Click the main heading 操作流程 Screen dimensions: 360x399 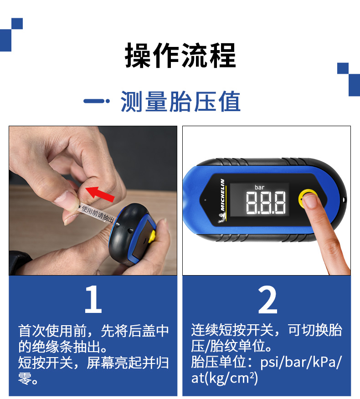(180, 56)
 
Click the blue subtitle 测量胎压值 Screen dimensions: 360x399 (180, 101)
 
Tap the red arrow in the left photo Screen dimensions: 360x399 (100, 194)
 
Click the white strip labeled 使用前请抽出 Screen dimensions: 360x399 (97, 214)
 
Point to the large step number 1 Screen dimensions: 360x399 (93, 299)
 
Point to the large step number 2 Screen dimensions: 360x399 (267, 300)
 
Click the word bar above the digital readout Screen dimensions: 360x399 (259, 187)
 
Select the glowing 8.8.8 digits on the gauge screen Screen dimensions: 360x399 (266, 203)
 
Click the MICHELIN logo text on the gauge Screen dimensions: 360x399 (222, 194)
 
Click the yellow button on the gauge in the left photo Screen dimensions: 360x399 (152, 237)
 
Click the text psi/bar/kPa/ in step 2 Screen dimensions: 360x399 (300, 362)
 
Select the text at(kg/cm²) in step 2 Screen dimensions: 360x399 (225, 378)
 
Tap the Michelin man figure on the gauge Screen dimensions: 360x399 (222, 218)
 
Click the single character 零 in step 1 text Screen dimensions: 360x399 (25, 379)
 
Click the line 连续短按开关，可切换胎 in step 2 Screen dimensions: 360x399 (267, 330)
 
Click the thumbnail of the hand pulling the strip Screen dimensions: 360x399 (65, 199)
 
